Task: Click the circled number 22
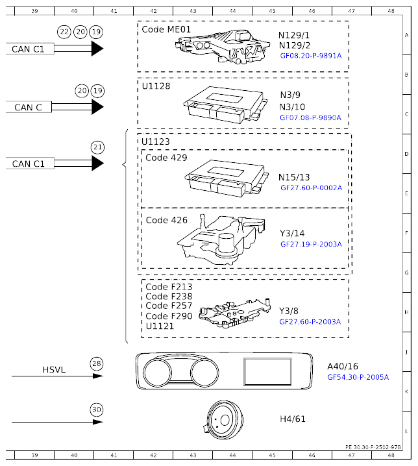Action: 64,32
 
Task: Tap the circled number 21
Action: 97,147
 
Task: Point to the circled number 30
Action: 97,410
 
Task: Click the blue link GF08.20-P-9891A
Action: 310,56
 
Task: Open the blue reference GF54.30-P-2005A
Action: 358,376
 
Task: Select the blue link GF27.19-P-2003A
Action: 310,245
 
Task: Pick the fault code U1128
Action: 156,86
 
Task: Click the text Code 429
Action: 166,158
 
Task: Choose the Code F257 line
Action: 169,306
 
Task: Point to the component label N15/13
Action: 294,177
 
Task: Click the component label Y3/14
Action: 291,234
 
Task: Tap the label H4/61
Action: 291,419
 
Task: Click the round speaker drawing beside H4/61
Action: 224,420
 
